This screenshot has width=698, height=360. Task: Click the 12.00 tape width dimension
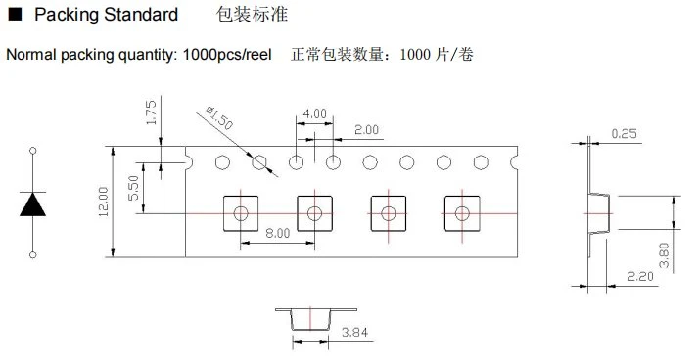click(103, 202)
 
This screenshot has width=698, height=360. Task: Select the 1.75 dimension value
click(152, 112)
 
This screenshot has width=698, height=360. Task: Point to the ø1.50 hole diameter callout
click(219, 118)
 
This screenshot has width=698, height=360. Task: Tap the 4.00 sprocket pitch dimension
click(314, 113)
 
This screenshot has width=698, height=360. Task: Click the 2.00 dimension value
click(366, 130)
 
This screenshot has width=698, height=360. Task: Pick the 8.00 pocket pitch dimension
click(277, 233)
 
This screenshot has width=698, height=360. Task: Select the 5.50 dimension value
click(133, 188)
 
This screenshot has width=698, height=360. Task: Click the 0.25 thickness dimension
click(625, 133)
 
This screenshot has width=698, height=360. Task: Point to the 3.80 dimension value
click(664, 255)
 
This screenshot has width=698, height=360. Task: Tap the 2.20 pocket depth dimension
click(640, 276)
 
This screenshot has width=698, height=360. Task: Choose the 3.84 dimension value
click(354, 332)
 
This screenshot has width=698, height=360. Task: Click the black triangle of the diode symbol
click(32, 204)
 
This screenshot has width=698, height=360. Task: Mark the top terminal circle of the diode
click(32, 151)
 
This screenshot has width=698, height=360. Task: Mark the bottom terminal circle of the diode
click(32, 255)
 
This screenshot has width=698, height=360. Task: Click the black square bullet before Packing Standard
click(15, 15)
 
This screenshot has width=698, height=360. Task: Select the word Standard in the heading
click(141, 15)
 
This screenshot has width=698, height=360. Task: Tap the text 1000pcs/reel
click(227, 55)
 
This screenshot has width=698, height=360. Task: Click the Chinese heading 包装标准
click(252, 15)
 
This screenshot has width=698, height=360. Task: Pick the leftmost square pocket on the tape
click(241, 213)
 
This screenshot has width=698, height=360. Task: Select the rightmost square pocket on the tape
click(462, 213)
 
